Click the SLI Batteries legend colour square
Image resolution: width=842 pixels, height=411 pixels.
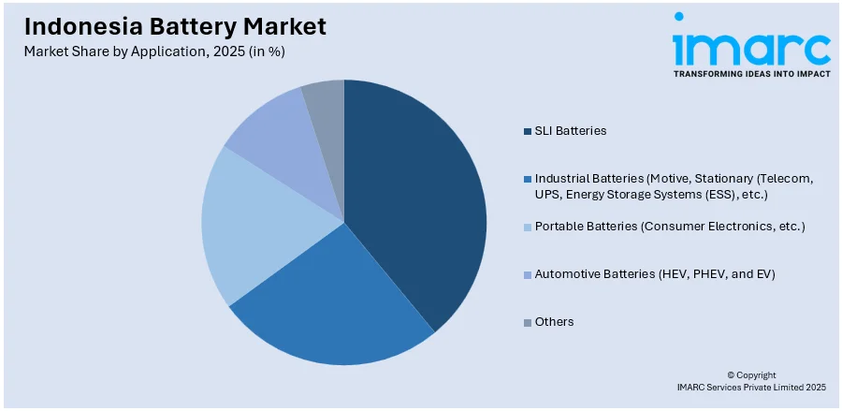(x=528, y=131)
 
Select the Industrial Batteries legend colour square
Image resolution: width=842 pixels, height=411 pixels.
(x=528, y=178)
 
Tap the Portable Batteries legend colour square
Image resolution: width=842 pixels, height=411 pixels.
(x=528, y=227)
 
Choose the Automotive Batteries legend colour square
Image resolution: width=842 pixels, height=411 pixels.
(x=528, y=274)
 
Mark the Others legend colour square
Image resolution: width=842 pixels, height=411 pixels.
(x=528, y=322)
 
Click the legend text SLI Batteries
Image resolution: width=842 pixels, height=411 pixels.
(x=571, y=131)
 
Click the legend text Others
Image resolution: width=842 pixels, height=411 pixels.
(x=555, y=322)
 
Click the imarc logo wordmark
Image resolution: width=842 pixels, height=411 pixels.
(x=751, y=45)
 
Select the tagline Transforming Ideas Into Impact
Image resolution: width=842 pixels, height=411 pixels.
(x=751, y=73)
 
